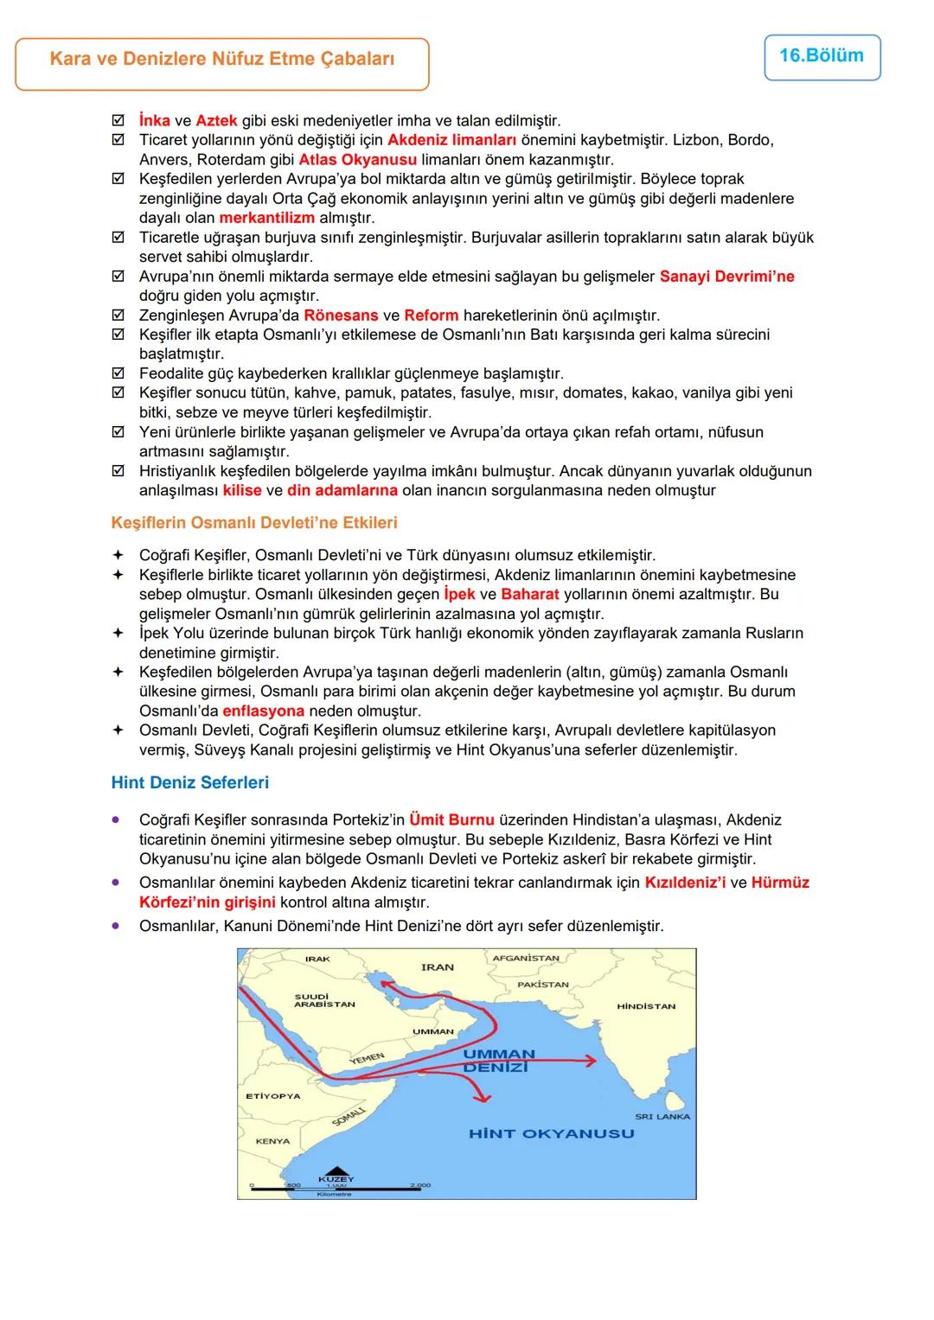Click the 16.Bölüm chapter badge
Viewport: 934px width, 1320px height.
pos(822,56)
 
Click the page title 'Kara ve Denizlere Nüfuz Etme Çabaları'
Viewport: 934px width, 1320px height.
pos(222,60)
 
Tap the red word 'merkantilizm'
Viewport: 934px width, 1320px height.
pos(266,218)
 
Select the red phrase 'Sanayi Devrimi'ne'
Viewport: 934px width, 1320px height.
pos(726,277)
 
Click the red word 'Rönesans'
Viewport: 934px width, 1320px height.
pos(341,316)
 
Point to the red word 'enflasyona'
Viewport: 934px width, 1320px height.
pos(263,711)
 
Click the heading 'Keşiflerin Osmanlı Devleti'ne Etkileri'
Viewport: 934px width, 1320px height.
pos(254,523)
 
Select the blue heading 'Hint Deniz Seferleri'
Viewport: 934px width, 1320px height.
pos(190,782)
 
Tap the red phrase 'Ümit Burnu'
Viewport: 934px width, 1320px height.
pos(451,819)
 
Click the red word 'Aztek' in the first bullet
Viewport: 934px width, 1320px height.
pos(216,121)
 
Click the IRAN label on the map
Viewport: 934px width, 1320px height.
pos(437,967)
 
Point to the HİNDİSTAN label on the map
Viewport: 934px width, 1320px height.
pos(646,1006)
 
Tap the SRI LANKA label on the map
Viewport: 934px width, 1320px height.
pos(662,1117)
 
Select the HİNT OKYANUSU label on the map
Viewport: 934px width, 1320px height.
pos(551,1133)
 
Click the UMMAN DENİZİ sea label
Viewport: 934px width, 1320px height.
pos(498,1061)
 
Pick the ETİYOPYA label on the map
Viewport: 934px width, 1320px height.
pos(273,1096)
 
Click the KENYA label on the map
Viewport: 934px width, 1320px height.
pos(272,1141)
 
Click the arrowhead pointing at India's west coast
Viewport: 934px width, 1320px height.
pos(592,1061)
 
